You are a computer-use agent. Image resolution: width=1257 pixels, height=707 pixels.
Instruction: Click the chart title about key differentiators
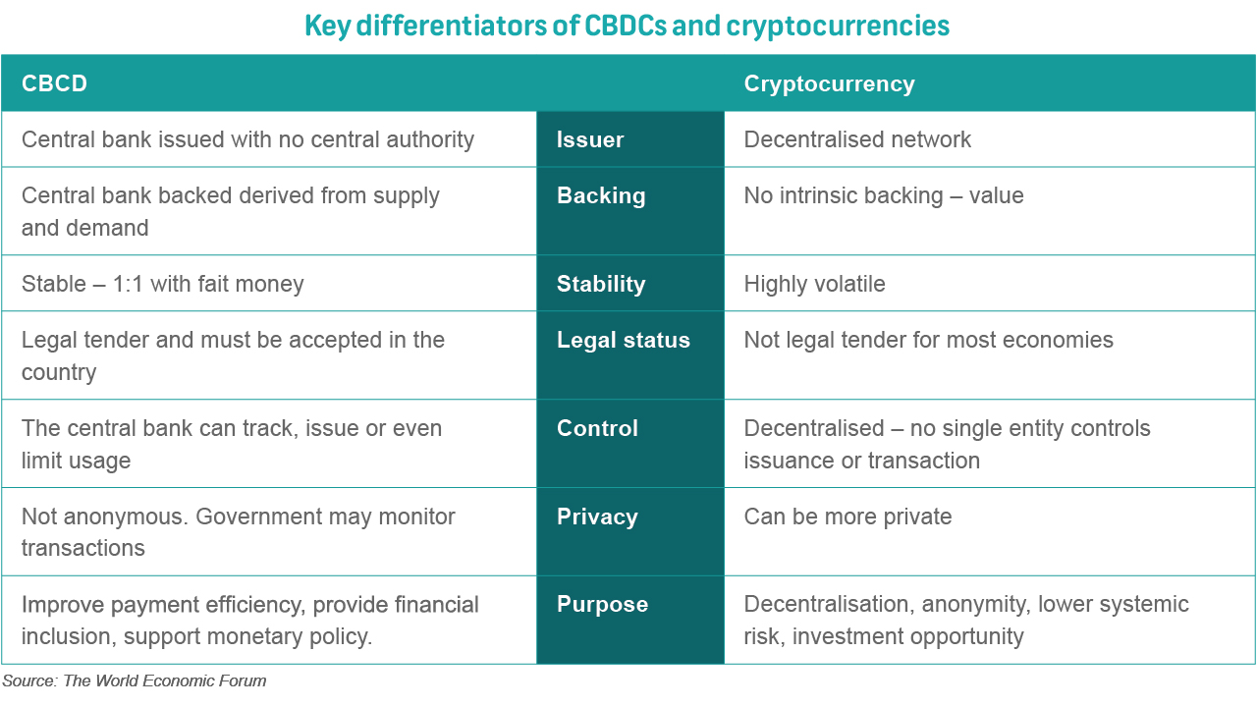[x=628, y=26]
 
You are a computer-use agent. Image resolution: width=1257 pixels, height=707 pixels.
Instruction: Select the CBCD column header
[x=55, y=83]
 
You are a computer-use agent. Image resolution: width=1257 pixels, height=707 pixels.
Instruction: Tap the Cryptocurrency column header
[x=829, y=83]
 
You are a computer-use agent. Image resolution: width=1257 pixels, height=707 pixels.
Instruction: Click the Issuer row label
[x=590, y=139]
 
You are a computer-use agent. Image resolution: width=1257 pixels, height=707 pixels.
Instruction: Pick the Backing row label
[x=601, y=195]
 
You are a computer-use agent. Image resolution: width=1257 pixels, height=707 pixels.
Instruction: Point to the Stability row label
[x=601, y=284]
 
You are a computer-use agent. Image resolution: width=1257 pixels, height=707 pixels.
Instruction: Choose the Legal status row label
[x=623, y=340]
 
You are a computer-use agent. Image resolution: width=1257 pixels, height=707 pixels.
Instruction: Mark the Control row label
[x=597, y=428]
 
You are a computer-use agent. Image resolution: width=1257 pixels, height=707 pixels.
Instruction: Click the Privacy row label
[x=597, y=517]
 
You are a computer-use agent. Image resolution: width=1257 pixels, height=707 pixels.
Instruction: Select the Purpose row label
[x=602, y=605]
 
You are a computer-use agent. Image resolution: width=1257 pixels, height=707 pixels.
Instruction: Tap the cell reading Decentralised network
[x=857, y=139]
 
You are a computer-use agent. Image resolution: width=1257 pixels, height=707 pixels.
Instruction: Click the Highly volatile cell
[x=814, y=284]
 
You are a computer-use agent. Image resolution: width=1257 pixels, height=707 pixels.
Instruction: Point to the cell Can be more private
[x=847, y=517]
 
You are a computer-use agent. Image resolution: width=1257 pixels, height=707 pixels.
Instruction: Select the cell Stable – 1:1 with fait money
[x=163, y=284]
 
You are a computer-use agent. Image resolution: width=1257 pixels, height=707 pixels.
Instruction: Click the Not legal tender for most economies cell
[x=928, y=340]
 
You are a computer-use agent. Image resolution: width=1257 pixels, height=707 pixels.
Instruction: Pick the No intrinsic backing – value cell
[x=884, y=195]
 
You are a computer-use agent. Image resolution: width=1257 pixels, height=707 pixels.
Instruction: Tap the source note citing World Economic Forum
[x=134, y=680]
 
